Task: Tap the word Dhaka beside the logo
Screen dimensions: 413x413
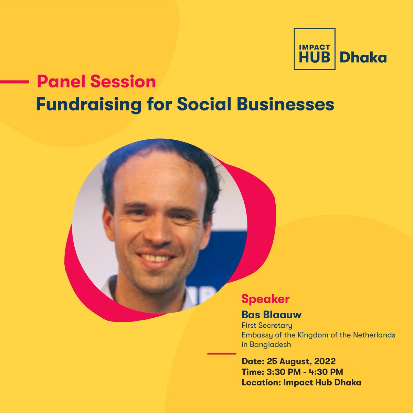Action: pos(363,58)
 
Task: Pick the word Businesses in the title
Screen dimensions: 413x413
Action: pos(284,104)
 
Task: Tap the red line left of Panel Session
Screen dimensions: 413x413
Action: pos(14,82)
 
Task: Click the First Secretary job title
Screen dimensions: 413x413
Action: pos(267,325)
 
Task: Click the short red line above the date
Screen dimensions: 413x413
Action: pos(222,354)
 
